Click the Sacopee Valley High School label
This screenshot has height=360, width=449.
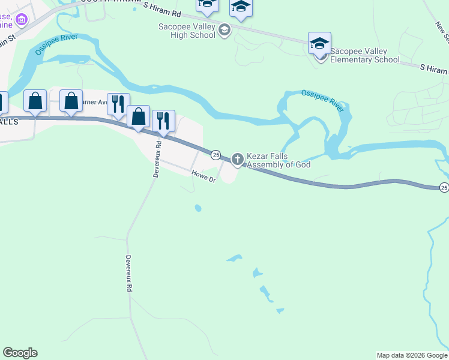pyautogui.click(x=186, y=31)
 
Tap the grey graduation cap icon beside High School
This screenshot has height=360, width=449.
pyautogui.click(x=224, y=30)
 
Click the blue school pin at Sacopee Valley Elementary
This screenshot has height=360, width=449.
pyautogui.click(x=319, y=43)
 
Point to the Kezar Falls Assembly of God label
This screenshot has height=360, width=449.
pyautogui.click(x=279, y=160)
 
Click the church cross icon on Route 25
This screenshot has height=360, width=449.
pyautogui.click(x=237, y=159)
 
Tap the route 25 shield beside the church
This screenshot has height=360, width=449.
pyautogui.click(x=216, y=155)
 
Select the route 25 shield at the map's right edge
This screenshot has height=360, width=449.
pyautogui.click(x=444, y=187)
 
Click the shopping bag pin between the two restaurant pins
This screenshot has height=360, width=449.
pyautogui.click(x=139, y=118)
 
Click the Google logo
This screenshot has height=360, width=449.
pyautogui.click(x=20, y=353)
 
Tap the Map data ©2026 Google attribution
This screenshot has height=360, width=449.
pyautogui.click(x=412, y=355)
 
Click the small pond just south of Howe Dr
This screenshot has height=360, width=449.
pyautogui.click(x=197, y=209)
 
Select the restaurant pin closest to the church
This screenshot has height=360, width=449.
pyautogui.click(x=163, y=121)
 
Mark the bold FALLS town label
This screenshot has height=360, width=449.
pyautogui.click(x=9, y=121)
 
